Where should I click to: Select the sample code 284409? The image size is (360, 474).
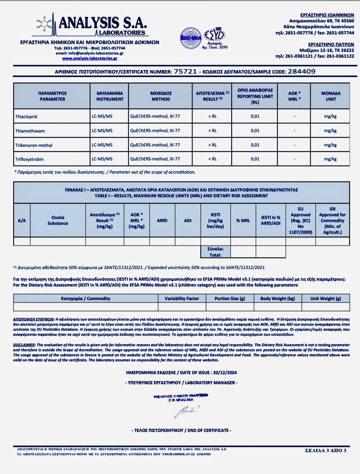[301, 71]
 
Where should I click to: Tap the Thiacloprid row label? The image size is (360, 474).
[26, 116]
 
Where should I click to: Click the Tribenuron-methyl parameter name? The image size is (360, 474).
[33, 145]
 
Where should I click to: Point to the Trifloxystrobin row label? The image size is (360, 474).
[29, 159]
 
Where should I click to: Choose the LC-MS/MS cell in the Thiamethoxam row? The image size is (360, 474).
[102, 131]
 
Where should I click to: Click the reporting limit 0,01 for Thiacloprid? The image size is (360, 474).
[255, 116]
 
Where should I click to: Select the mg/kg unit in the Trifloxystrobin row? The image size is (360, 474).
[330, 159]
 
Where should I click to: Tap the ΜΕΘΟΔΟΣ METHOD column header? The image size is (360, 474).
[161, 96]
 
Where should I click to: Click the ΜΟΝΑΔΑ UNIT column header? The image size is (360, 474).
[331, 96]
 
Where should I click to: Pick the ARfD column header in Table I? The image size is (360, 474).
[162, 220]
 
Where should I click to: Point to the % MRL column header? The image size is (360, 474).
[243, 220]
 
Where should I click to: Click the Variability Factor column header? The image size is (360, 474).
[182, 298]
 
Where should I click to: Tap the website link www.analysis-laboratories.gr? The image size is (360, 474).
[90, 58]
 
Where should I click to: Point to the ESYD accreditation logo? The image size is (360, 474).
[216, 37]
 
